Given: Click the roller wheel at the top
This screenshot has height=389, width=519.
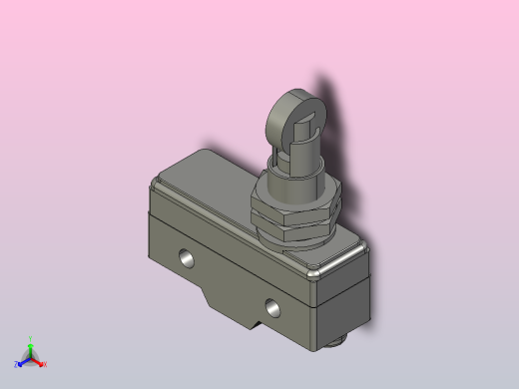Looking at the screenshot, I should click(289, 117).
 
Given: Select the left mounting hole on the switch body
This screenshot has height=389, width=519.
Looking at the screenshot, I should click(186, 258).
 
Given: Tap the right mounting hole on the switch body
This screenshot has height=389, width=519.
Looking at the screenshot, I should click(273, 304).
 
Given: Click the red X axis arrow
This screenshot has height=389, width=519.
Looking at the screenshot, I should click(39, 362).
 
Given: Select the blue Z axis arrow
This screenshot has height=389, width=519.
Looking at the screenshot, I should click(21, 362).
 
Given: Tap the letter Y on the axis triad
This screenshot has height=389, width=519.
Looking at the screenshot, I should click(31, 338).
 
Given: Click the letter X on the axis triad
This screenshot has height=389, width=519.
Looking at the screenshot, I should click(45, 365).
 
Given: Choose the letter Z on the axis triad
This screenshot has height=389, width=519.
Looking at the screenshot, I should click(16, 365).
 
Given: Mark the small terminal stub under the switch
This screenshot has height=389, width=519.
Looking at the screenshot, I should click(338, 344).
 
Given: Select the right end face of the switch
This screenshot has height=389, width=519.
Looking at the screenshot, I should click(343, 299).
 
